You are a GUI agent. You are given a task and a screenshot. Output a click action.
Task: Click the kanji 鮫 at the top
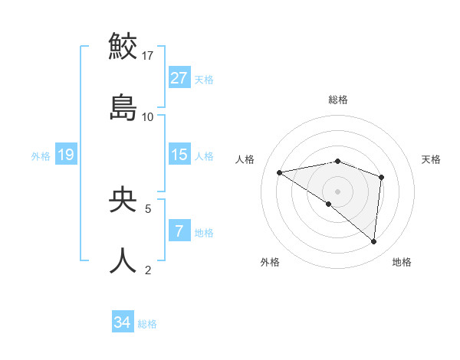click(x=123, y=46)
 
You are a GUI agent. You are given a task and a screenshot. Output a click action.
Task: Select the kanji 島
click(x=123, y=107)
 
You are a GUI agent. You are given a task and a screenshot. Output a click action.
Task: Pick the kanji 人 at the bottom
click(x=123, y=260)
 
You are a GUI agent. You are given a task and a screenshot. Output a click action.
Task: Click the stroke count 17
click(x=148, y=56)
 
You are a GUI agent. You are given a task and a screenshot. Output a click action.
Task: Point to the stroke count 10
click(x=148, y=117)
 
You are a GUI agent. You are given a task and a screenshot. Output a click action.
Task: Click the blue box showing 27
click(x=179, y=78)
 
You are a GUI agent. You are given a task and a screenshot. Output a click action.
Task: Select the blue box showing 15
click(x=179, y=155)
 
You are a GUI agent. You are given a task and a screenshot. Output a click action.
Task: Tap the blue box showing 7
click(x=179, y=231)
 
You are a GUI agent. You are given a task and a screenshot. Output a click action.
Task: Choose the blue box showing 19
click(x=65, y=155)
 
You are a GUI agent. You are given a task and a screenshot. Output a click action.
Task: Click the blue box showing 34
click(x=122, y=323)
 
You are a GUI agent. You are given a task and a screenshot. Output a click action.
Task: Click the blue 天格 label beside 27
click(x=204, y=79)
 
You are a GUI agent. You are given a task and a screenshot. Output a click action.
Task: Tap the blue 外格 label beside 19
click(x=41, y=155)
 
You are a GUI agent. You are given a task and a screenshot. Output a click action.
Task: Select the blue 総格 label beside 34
click(x=147, y=324)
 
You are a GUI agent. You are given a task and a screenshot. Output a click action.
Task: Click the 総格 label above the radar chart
click(x=338, y=100)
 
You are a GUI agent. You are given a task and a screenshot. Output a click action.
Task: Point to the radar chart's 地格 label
click(x=402, y=262)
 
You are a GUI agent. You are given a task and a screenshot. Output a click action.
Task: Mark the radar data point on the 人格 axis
click(x=280, y=172)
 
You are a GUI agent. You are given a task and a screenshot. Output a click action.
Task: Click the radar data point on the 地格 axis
click(x=373, y=241)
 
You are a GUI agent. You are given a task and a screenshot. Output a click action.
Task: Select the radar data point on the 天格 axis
click(x=381, y=177)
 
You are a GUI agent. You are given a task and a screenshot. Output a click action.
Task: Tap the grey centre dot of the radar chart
click(x=338, y=191)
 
